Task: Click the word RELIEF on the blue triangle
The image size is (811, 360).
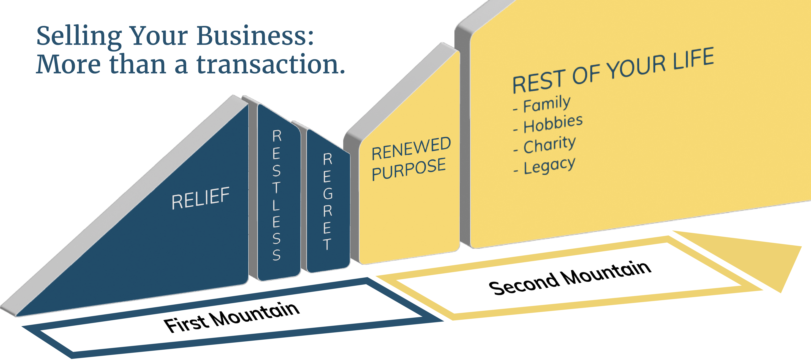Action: (200, 198)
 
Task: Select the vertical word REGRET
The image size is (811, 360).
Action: (327, 201)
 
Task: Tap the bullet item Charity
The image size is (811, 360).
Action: (549, 145)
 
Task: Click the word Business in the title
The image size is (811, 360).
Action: (255, 36)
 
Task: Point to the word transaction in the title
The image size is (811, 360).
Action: (271, 65)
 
